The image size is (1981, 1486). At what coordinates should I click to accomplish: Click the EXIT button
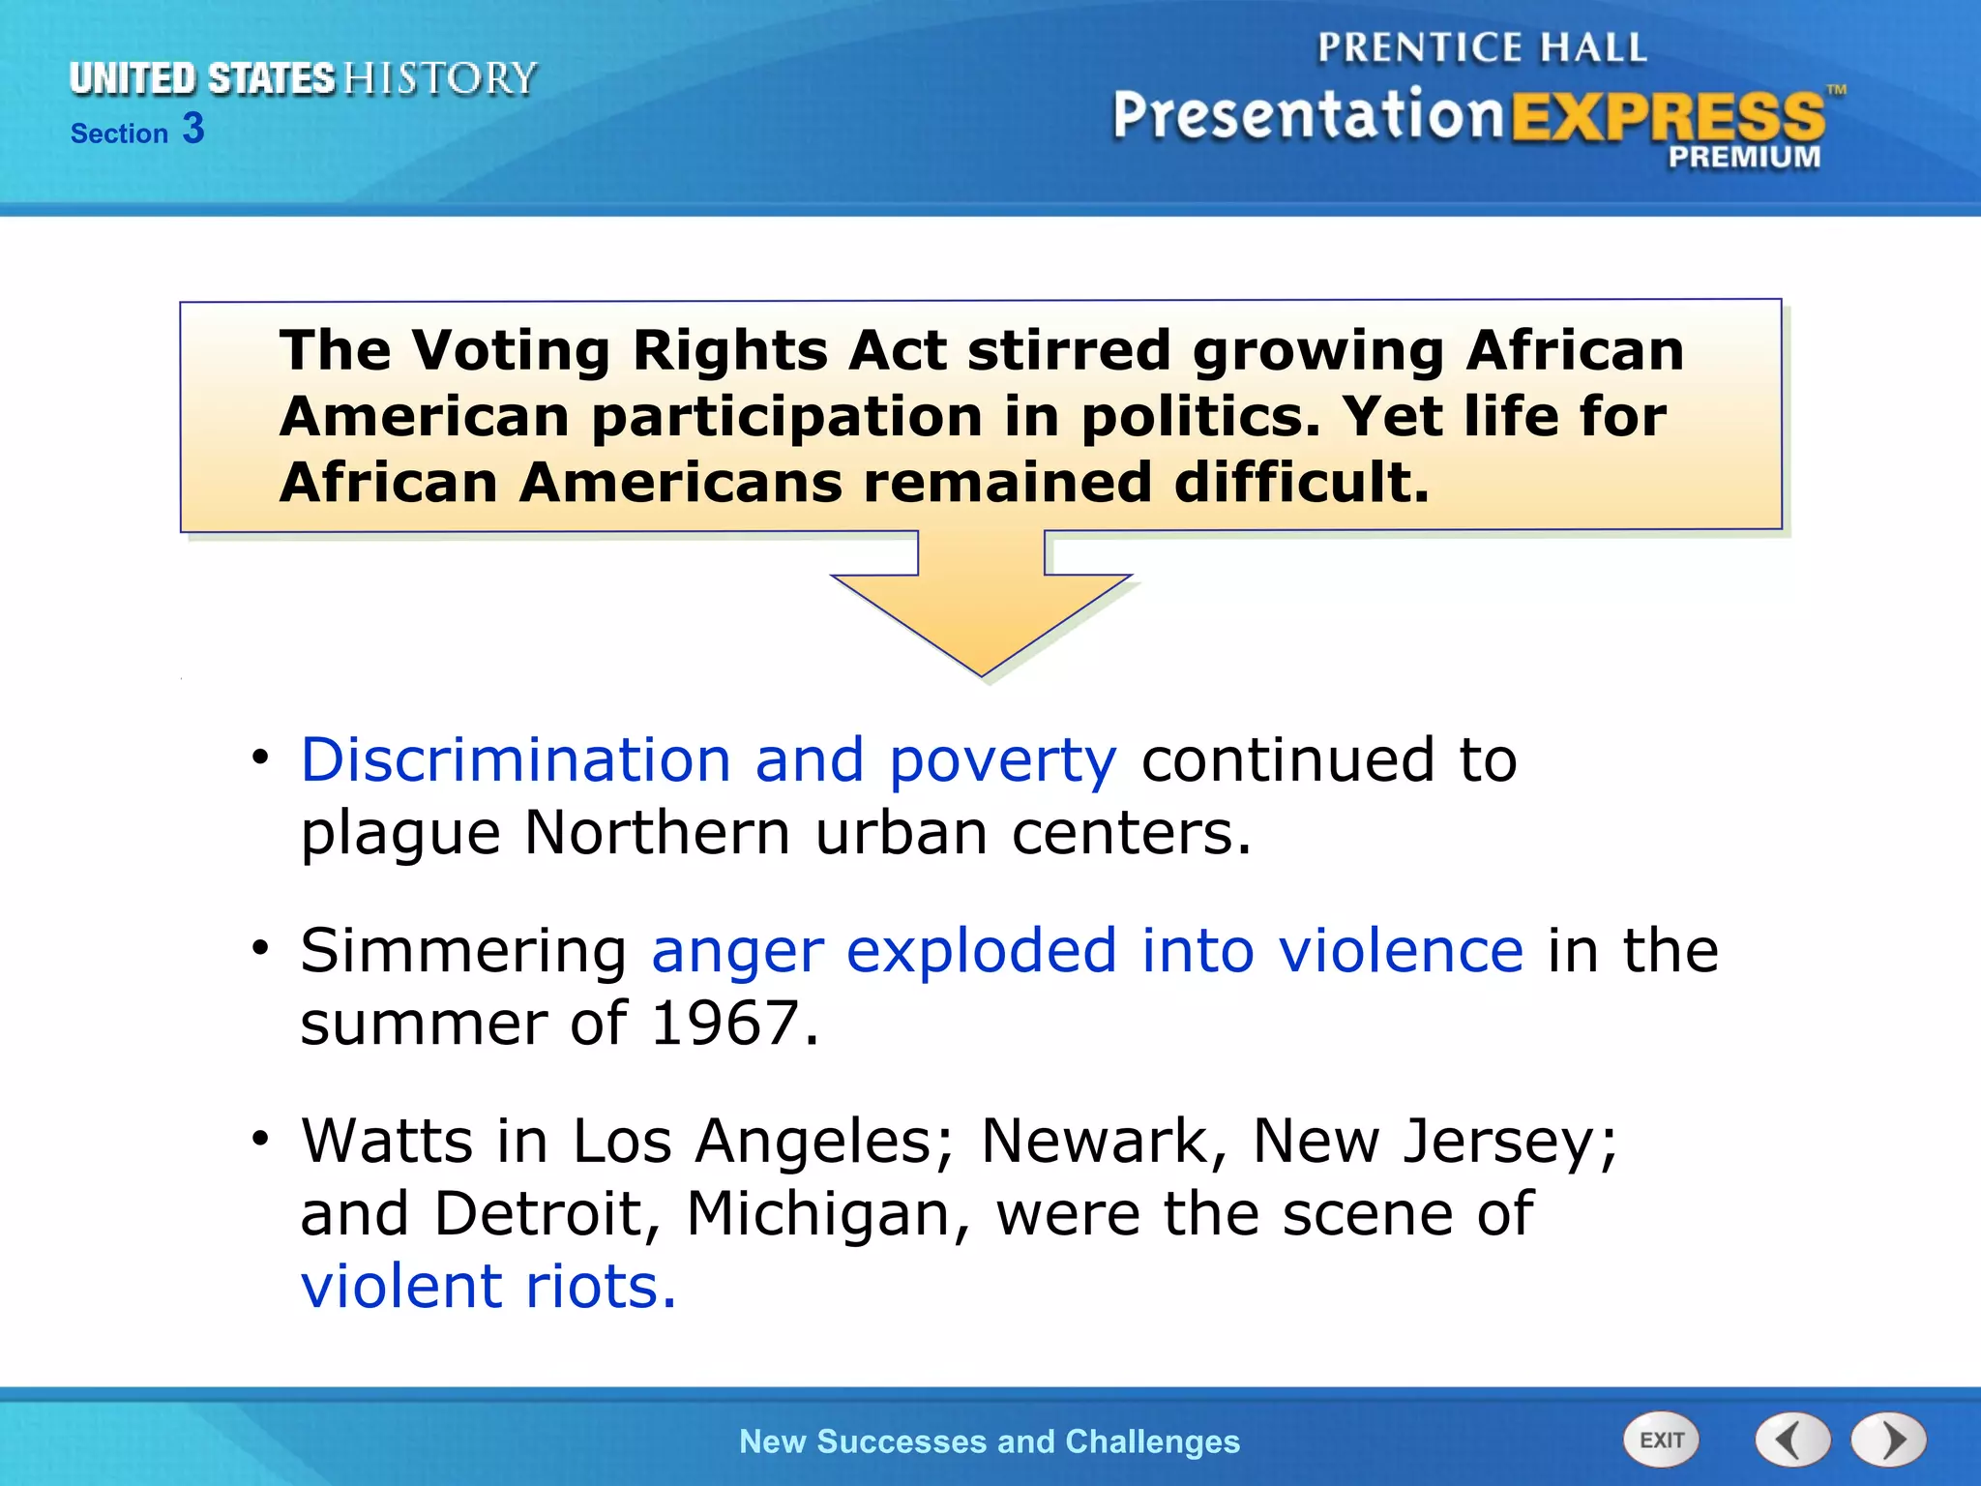point(1661,1441)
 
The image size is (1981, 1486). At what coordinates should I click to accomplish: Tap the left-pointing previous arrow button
point(1792,1441)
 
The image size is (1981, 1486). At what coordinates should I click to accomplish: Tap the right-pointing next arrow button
point(1888,1441)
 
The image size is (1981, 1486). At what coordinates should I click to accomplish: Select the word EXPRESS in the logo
point(1668,117)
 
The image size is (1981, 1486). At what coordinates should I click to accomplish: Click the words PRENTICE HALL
point(1482,47)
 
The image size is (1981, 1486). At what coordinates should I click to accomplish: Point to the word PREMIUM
point(1744,157)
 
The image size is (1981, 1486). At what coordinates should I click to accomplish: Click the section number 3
point(193,129)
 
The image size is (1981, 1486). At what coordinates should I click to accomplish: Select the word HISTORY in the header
point(440,78)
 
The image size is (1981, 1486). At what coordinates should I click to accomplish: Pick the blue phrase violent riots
point(488,1287)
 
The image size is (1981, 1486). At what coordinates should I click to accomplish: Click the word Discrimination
point(516,759)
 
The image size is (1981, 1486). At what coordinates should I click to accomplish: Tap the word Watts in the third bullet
point(387,1141)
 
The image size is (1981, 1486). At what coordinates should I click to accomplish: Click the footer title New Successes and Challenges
point(989,1441)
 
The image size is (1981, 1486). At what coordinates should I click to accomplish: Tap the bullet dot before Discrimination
point(259,758)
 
